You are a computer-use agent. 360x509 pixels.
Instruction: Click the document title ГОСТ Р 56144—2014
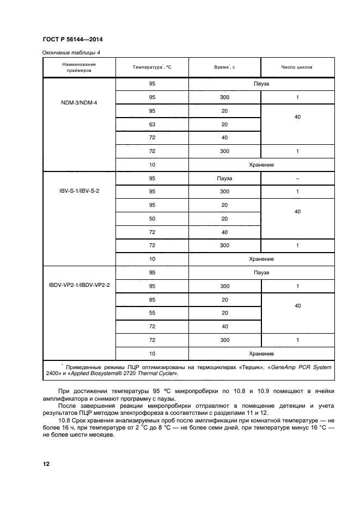click(72, 40)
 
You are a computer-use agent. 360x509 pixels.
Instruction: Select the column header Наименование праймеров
click(79, 67)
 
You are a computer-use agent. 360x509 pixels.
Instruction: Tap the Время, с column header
click(224, 67)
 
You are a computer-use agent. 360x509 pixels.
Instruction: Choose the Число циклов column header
click(297, 67)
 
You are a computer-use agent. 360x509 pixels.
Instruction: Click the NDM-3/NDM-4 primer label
click(79, 102)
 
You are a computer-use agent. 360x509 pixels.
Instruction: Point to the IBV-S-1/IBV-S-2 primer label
click(79, 191)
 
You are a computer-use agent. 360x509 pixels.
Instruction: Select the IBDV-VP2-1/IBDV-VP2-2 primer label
click(79, 285)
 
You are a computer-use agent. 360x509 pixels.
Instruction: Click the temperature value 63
click(152, 125)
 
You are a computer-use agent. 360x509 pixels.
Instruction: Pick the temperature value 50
click(152, 218)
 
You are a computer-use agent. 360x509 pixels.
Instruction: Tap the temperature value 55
click(152, 312)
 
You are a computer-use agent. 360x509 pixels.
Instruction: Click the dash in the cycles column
click(297, 178)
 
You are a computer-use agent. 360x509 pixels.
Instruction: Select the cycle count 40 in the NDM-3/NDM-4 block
click(297, 117)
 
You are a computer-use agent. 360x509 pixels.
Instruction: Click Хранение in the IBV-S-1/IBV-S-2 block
click(261, 259)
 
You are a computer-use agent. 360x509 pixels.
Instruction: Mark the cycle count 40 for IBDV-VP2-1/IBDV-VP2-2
click(297, 306)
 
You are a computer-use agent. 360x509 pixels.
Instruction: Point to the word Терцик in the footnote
click(250, 367)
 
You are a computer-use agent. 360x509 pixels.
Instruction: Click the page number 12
click(46, 463)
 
